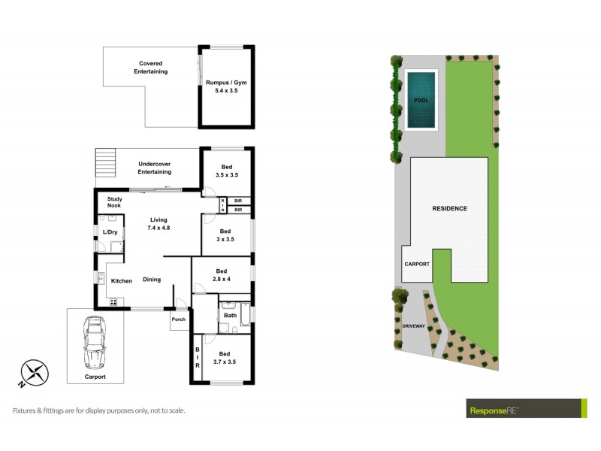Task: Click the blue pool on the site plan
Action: (x=421, y=99)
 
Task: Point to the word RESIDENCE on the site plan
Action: (x=449, y=208)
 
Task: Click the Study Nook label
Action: (x=114, y=202)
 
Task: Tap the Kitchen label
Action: (x=122, y=280)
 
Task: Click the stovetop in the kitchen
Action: (x=114, y=301)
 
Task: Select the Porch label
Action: (x=178, y=319)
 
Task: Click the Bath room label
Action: (x=230, y=315)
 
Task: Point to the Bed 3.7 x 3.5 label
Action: (x=226, y=357)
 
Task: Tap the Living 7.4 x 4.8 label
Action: (x=159, y=222)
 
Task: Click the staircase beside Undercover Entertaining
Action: (x=107, y=162)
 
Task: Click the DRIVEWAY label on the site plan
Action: (x=413, y=326)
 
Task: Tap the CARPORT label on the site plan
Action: (x=416, y=265)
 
